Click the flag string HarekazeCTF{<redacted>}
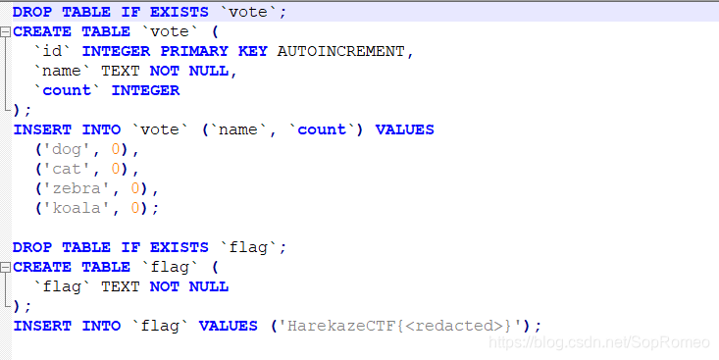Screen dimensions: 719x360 point(403,326)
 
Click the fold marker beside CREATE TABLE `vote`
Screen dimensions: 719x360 point(6,31)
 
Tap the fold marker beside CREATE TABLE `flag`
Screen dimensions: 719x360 point(6,267)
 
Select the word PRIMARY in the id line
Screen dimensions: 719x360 point(194,51)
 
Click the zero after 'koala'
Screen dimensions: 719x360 point(136,208)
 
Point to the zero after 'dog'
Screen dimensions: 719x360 point(117,149)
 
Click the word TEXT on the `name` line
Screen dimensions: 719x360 point(121,71)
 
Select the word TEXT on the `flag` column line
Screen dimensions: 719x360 point(121,286)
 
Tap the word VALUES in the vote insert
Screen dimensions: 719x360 point(404,129)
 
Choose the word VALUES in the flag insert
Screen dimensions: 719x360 point(228,326)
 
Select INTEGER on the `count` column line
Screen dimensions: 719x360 point(145,90)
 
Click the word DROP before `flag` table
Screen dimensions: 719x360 point(32,247)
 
